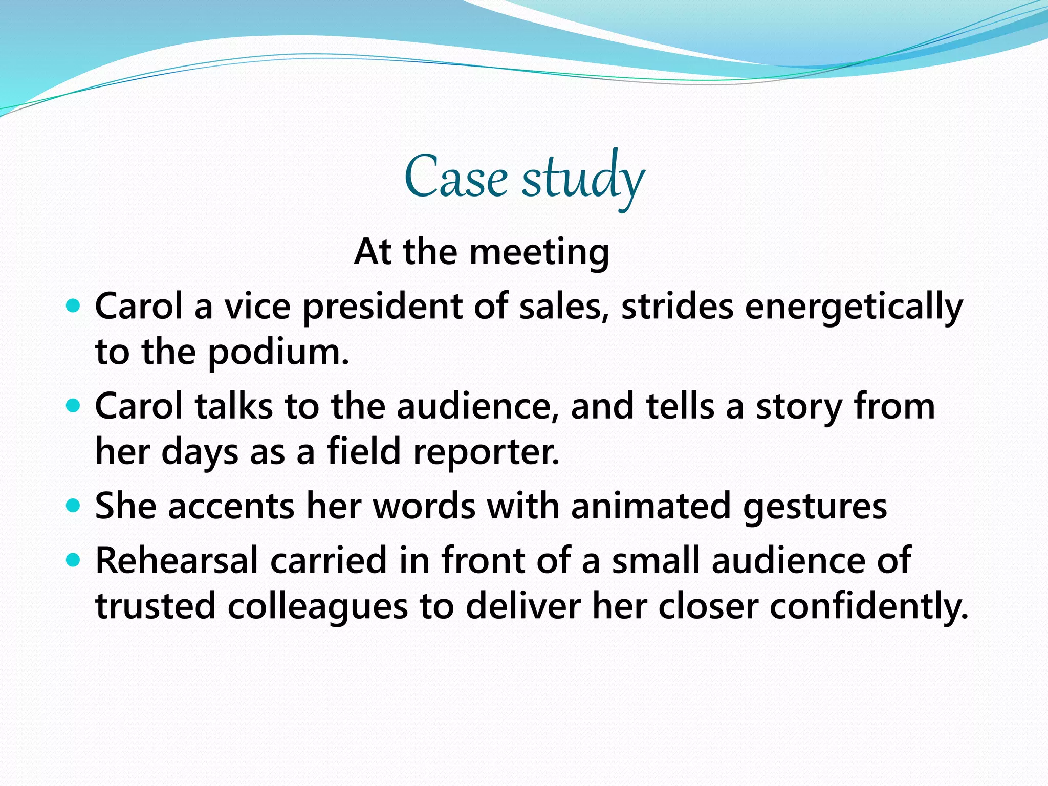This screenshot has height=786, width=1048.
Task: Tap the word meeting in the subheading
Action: pos(539,252)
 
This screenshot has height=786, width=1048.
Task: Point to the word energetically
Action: pos(854,308)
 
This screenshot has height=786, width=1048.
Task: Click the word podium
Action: pos(278,353)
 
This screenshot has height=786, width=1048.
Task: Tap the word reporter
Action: pos(486,452)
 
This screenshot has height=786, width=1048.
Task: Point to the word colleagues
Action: pos(317,607)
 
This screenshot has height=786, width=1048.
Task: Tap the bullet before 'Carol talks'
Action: pos(74,406)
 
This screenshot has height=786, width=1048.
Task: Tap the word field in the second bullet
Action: pos(363,452)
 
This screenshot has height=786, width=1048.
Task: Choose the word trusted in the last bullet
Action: pos(156,607)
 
